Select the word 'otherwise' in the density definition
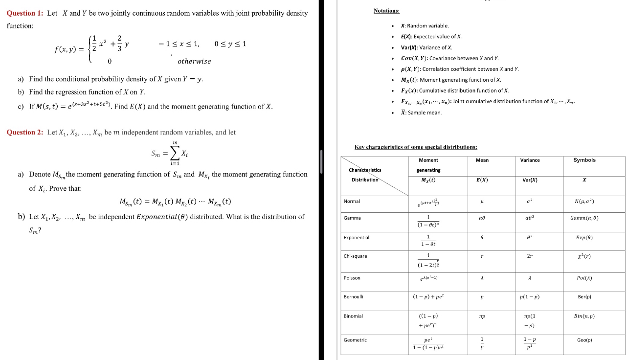click(194, 62)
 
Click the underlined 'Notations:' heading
click(386, 10)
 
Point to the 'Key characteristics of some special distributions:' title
click(416, 147)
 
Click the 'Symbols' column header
click(584, 160)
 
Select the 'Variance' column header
click(530, 160)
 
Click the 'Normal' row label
click(352, 201)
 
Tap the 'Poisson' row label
click(352, 278)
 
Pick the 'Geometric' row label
click(355, 340)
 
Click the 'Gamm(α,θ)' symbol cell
click(584, 218)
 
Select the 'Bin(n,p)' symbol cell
click(584, 316)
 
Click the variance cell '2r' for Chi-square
click(530, 256)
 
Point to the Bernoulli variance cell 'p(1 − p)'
click(530, 297)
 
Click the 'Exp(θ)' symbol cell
click(584, 238)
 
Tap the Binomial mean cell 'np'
click(482, 316)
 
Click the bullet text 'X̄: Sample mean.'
click(421, 112)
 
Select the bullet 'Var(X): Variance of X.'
click(426, 47)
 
